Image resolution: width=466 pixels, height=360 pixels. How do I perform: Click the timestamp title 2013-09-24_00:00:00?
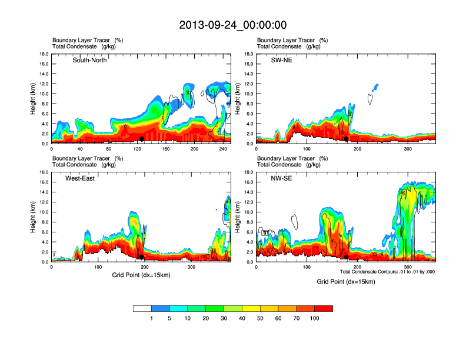tap(232, 25)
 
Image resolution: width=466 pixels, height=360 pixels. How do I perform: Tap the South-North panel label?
tap(89, 60)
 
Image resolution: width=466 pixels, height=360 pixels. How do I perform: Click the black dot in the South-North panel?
tap(142, 139)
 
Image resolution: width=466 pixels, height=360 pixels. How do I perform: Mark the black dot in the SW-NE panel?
tap(347, 139)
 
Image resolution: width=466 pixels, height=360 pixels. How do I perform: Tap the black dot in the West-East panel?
tap(142, 257)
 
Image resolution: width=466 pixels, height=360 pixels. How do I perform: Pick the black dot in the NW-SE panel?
tap(347, 257)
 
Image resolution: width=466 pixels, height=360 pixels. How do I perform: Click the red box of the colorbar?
tap(324, 308)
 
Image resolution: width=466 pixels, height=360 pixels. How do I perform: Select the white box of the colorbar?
tap(142, 308)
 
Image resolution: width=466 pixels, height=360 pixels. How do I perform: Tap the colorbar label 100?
tap(315, 318)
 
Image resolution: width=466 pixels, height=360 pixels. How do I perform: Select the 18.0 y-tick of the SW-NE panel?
tap(249, 54)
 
